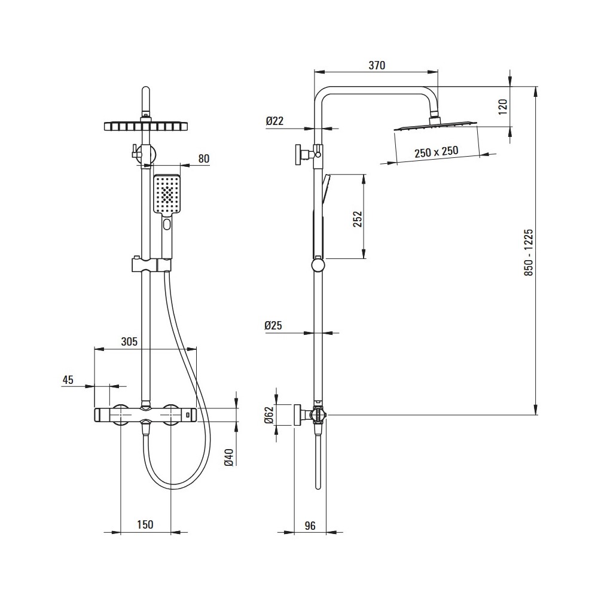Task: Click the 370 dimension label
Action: (x=376, y=65)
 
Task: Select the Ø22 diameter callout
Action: (x=274, y=121)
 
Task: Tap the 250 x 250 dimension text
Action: (x=437, y=152)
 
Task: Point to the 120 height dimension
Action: (x=503, y=107)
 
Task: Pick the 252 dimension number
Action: (x=358, y=219)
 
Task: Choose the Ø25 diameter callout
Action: (x=273, y=325)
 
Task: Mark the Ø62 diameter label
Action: (x=269, y=416)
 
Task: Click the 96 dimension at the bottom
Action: (x=310, y=526)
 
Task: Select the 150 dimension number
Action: (x=145, y=525)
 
